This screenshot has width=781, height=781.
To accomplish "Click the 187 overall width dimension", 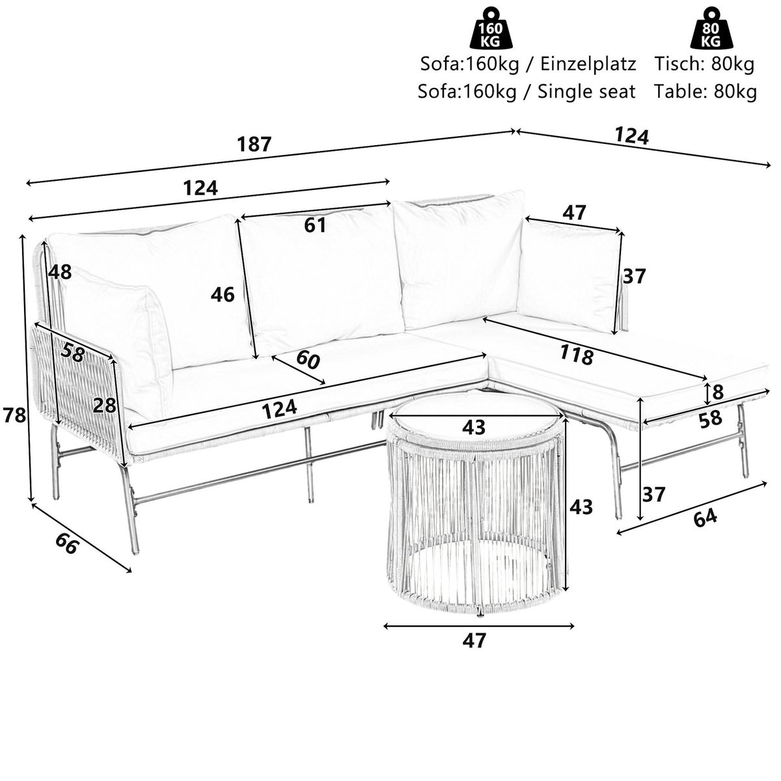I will pos(253,144).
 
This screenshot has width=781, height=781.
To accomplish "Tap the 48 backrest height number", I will pos(59,271).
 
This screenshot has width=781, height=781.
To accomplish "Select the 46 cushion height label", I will pos(222,295).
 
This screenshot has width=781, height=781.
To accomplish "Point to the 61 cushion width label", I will pos(314,225).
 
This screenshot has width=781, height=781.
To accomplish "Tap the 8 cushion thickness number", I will pos(718,392).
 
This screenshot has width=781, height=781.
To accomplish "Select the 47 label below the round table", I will pos(474,640).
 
